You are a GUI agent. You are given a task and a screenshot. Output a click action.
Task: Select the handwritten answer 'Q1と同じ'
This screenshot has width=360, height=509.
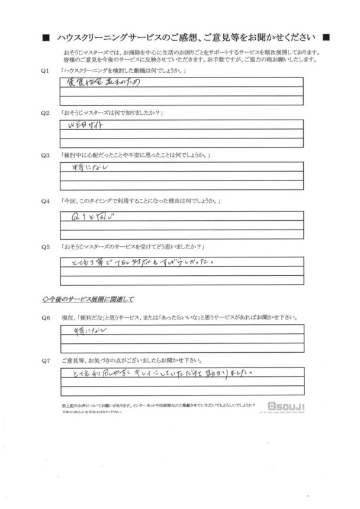[95, 217]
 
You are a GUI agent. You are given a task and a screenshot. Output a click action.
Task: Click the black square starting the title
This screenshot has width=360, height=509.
[46, 37]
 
